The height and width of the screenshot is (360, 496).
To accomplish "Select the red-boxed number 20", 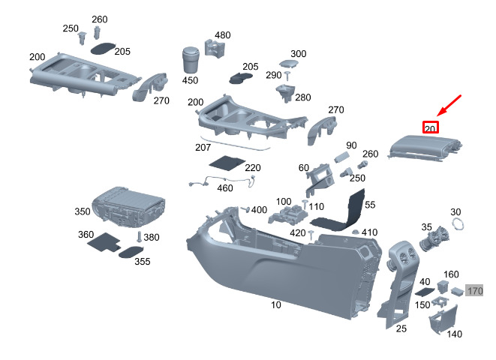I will point(430,128).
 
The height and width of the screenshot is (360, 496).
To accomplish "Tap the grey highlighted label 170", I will point(475,290).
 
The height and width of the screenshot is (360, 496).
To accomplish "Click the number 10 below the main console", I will point(276,305).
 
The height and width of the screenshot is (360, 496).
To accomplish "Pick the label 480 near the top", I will point(223,35).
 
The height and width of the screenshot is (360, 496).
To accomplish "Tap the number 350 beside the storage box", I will point(82,211).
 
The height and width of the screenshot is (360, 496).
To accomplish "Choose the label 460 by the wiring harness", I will point(225,187).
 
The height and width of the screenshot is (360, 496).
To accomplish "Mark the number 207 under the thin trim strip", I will point(203,147).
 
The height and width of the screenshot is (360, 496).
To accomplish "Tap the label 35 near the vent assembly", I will point(426,227).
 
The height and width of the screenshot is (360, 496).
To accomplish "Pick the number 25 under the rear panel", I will point(401,328).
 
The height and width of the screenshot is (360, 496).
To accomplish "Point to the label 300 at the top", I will point(299,54).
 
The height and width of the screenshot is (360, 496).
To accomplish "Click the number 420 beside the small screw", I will point(297,233).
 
